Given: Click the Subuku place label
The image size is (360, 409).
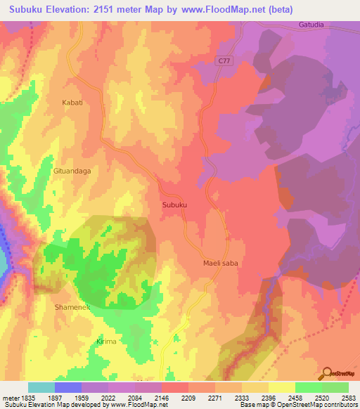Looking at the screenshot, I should click(x=174, y=204).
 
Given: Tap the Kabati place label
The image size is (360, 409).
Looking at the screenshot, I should click(x=72, y=102).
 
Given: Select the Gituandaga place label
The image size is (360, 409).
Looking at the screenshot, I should click(x=72, y=170).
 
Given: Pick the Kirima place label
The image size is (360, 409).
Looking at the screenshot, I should click(x=105, y=341).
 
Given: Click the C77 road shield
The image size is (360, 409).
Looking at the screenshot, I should click(x=224, y=63).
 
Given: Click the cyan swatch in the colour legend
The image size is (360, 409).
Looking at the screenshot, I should click(x=41, y=387).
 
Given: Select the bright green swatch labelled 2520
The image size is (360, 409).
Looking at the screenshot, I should click(x=309, y=387).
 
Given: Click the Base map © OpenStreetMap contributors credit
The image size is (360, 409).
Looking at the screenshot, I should click(x=299, y=405).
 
